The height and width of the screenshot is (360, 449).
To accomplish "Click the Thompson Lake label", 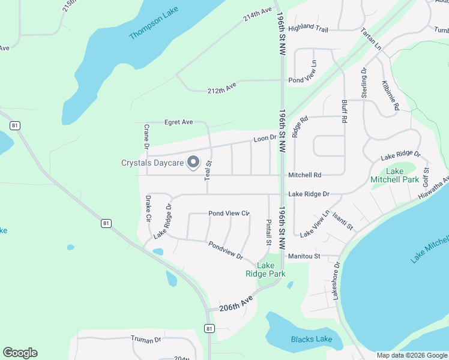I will [154, 24].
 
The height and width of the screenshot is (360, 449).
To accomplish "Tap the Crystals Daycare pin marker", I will [193, 163].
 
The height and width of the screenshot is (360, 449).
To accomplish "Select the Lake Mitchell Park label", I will [394, 175].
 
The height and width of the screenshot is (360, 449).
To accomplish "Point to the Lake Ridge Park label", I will [265, 269].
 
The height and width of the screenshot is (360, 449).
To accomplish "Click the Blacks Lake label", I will [312, 340].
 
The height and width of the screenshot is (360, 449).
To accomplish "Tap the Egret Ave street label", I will [178, 122].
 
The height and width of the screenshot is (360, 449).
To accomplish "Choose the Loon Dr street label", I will [264, 138].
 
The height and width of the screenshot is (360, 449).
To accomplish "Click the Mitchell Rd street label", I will [304, 175].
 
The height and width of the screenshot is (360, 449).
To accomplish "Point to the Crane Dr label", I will [146, 136].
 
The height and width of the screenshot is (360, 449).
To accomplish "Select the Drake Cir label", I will [148, 208].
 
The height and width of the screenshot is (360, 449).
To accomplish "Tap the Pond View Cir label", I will [228, 214].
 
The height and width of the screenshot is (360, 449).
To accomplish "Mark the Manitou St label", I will [304, 256].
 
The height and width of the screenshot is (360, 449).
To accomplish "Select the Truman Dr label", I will [146, 339].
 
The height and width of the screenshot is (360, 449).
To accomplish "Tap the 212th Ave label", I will [221, 90].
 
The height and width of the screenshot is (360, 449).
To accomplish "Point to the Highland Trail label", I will [308, 28].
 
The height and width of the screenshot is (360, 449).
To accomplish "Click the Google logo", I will [20, 353].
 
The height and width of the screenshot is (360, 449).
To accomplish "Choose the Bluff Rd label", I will [344, 112].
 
